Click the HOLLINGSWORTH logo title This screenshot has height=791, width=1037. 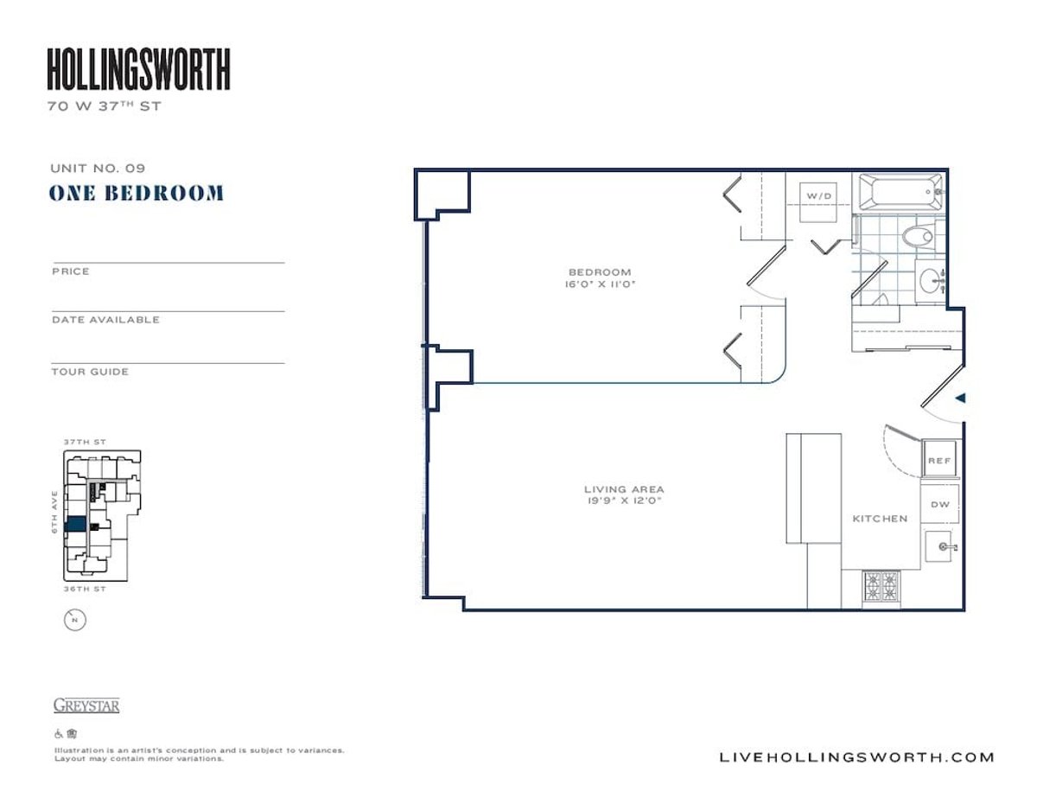click(x=138, y=70)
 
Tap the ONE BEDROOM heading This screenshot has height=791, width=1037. click(x=137, y=193)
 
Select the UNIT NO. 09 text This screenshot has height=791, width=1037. click(x=97, y=169)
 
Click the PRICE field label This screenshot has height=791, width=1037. click(x=71, y=271)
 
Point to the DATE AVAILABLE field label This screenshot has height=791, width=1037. click(x=105, y=320)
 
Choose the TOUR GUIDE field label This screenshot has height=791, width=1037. click(x=90, y=372)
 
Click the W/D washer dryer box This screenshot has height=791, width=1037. click(x=818, y=197)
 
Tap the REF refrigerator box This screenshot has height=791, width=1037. click(x=939, y=461)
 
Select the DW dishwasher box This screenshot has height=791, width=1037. click(x=939, y=504)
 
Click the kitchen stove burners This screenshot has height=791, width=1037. click(x=881, y=588)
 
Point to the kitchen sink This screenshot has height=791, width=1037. click(x=941, y=546)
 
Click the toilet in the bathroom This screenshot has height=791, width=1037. click(x=917, y=235)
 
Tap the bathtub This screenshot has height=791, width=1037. click(x=898, y=189)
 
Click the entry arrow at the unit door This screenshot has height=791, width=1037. click(x=958, y=399)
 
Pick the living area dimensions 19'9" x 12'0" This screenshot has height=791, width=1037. click(x=624, y=501)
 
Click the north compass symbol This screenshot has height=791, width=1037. click(x=75, y=619)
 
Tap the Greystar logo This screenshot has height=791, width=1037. click(x=86, y=705)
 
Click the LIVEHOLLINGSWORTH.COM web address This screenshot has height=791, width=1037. click(x=856, y=757)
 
